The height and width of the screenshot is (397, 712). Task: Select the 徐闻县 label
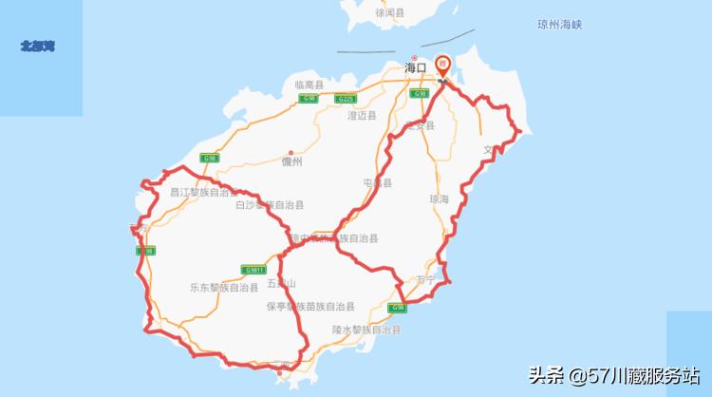[x=389, y=13]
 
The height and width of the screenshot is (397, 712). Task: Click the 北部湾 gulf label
[x=38, y=46]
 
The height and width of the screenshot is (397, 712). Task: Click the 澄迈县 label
[x=362, y=115]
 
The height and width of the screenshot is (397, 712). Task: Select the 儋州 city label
[x=291, y=162]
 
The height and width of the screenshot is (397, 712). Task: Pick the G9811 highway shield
[x=253, y=269]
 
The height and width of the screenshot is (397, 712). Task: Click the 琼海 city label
[x=439, y=199]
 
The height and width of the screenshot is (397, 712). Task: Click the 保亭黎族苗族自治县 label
[x=309, y=307]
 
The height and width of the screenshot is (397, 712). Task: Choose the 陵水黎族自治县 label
[x=366, y=330]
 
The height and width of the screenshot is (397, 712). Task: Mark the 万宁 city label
[x=424, y=279]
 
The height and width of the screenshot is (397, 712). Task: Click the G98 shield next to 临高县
[x=308, y=99]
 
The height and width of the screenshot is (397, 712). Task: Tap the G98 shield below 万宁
[x=398, y=308]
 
